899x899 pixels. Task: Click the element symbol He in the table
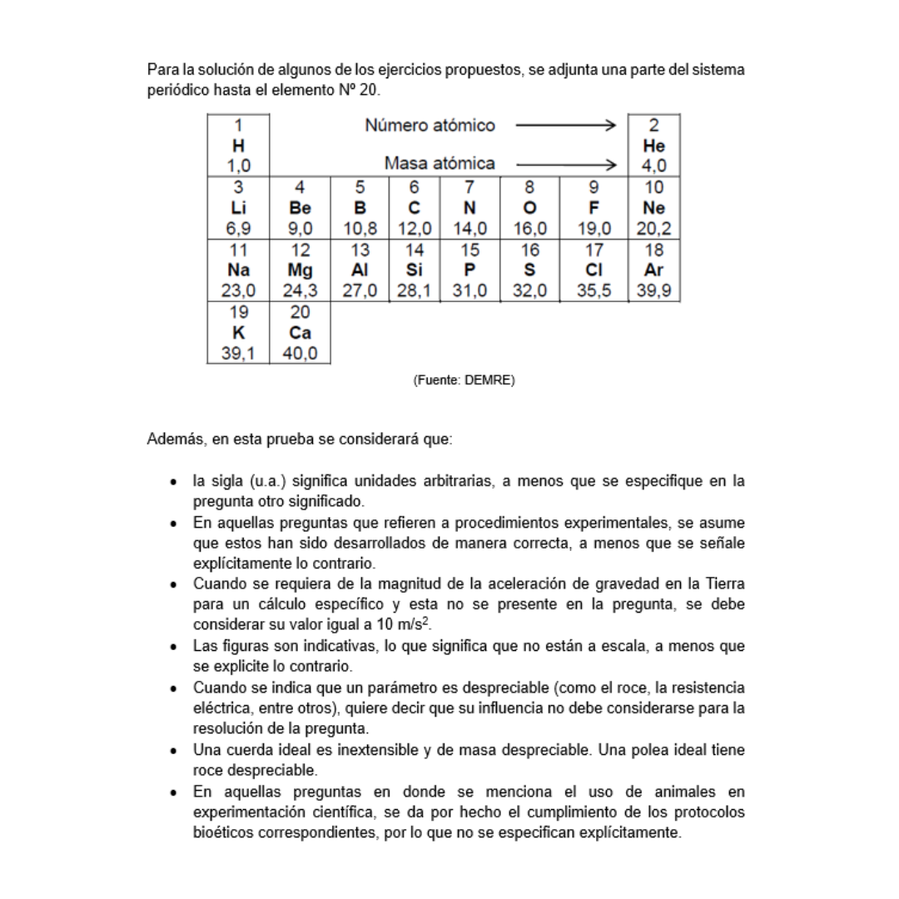[x=653, y=145]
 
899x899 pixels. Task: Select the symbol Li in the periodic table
[x=237, y=207]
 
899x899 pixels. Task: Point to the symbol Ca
[x=300, y=332]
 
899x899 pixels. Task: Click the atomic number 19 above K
[x=237, y=313]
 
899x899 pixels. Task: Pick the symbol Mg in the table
[x=300, y=270]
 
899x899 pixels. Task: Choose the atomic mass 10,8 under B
[x=360, y=228]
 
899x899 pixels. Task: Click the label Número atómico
[x=430, y=126]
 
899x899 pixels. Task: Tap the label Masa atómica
[x=440, y=164]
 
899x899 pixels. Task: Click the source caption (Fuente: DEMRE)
[x=464, y=380]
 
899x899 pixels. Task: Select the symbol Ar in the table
[x=653, y=270]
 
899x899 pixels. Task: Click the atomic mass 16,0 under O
[x=529, y=228]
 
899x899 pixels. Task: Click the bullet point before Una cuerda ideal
[x=172, y=750]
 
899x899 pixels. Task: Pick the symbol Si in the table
[x=415, y=270]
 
